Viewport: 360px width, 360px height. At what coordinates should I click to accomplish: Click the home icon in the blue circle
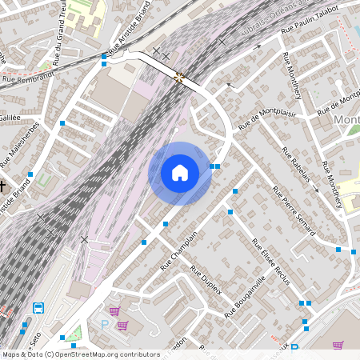click(x=180, y=173)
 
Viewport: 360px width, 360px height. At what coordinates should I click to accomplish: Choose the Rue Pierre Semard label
click(x=294, y=210)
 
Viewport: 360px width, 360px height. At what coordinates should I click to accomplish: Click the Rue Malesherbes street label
click(x=15, y=144)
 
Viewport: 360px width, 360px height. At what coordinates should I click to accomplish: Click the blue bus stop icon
click(x=38, y=307)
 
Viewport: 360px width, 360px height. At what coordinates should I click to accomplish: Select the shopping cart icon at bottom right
click(x=338, y=345)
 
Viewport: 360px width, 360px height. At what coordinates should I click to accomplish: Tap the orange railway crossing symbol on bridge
click(x=179, y=77)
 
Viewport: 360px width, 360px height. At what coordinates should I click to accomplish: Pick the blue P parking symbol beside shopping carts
click(x=104, y=324)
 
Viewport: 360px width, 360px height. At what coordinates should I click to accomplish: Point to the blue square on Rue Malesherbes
click(x=62, y=123)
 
